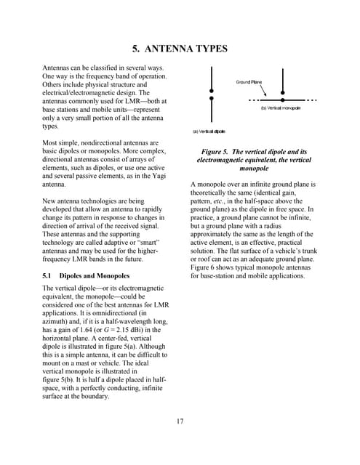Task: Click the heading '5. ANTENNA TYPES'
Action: point(180,49)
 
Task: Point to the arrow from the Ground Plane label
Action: point(263,91)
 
